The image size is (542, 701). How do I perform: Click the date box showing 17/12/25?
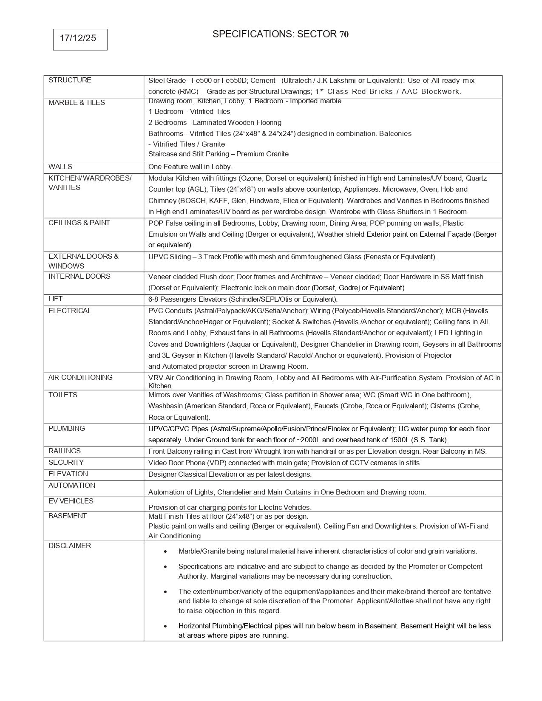click(80, 39)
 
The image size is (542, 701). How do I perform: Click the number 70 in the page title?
click(344, 34)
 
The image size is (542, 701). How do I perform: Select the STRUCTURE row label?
click(70, 80)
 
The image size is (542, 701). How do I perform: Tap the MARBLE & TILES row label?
click(77, 103)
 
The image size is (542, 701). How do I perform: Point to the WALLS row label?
click(60, 167)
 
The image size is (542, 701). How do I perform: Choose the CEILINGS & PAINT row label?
click(79, 223)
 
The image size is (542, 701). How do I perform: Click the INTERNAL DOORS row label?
click(79, 277)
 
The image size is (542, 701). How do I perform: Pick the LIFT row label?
click(55, 299)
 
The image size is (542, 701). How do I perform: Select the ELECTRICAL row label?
click(70, 311)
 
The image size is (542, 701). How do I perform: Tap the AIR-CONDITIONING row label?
click(80, 378)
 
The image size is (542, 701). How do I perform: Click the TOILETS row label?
click(63, 395)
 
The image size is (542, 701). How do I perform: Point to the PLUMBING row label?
click(67, 429)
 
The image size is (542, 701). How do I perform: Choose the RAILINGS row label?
click(65, 451)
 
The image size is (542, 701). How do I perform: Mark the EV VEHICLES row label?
click(71, 501)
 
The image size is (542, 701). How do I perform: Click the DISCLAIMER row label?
click(70, 546)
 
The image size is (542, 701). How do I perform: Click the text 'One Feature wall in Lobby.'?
click(190, 167)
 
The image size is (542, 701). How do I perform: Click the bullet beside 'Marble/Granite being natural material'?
click(165, 551)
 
